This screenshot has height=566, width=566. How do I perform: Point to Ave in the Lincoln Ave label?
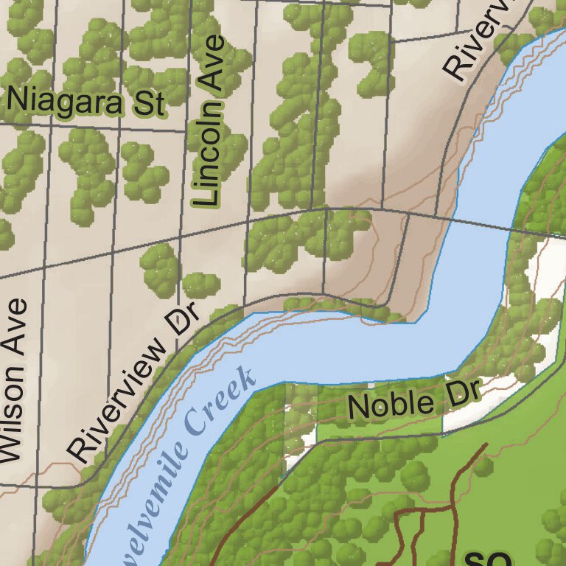211,63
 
